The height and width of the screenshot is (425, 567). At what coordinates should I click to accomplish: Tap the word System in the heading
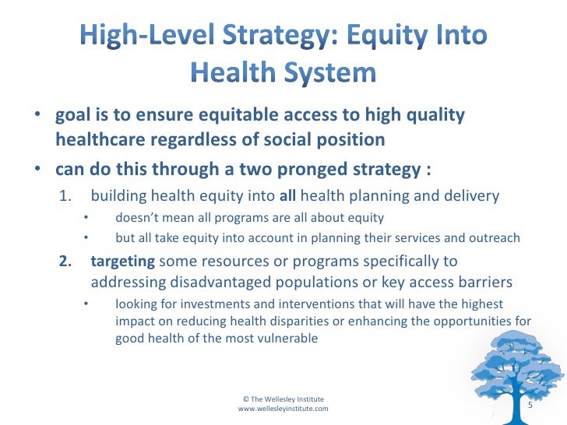tap(328, 74)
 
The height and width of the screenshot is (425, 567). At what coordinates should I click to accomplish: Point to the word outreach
tap(495, 237)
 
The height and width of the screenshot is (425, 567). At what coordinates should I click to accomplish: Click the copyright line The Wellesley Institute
tap(283, 398)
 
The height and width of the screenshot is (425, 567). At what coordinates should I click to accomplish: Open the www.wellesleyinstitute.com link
tap(283, 408)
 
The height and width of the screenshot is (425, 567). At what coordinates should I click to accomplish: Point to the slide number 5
tap(530, 406)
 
